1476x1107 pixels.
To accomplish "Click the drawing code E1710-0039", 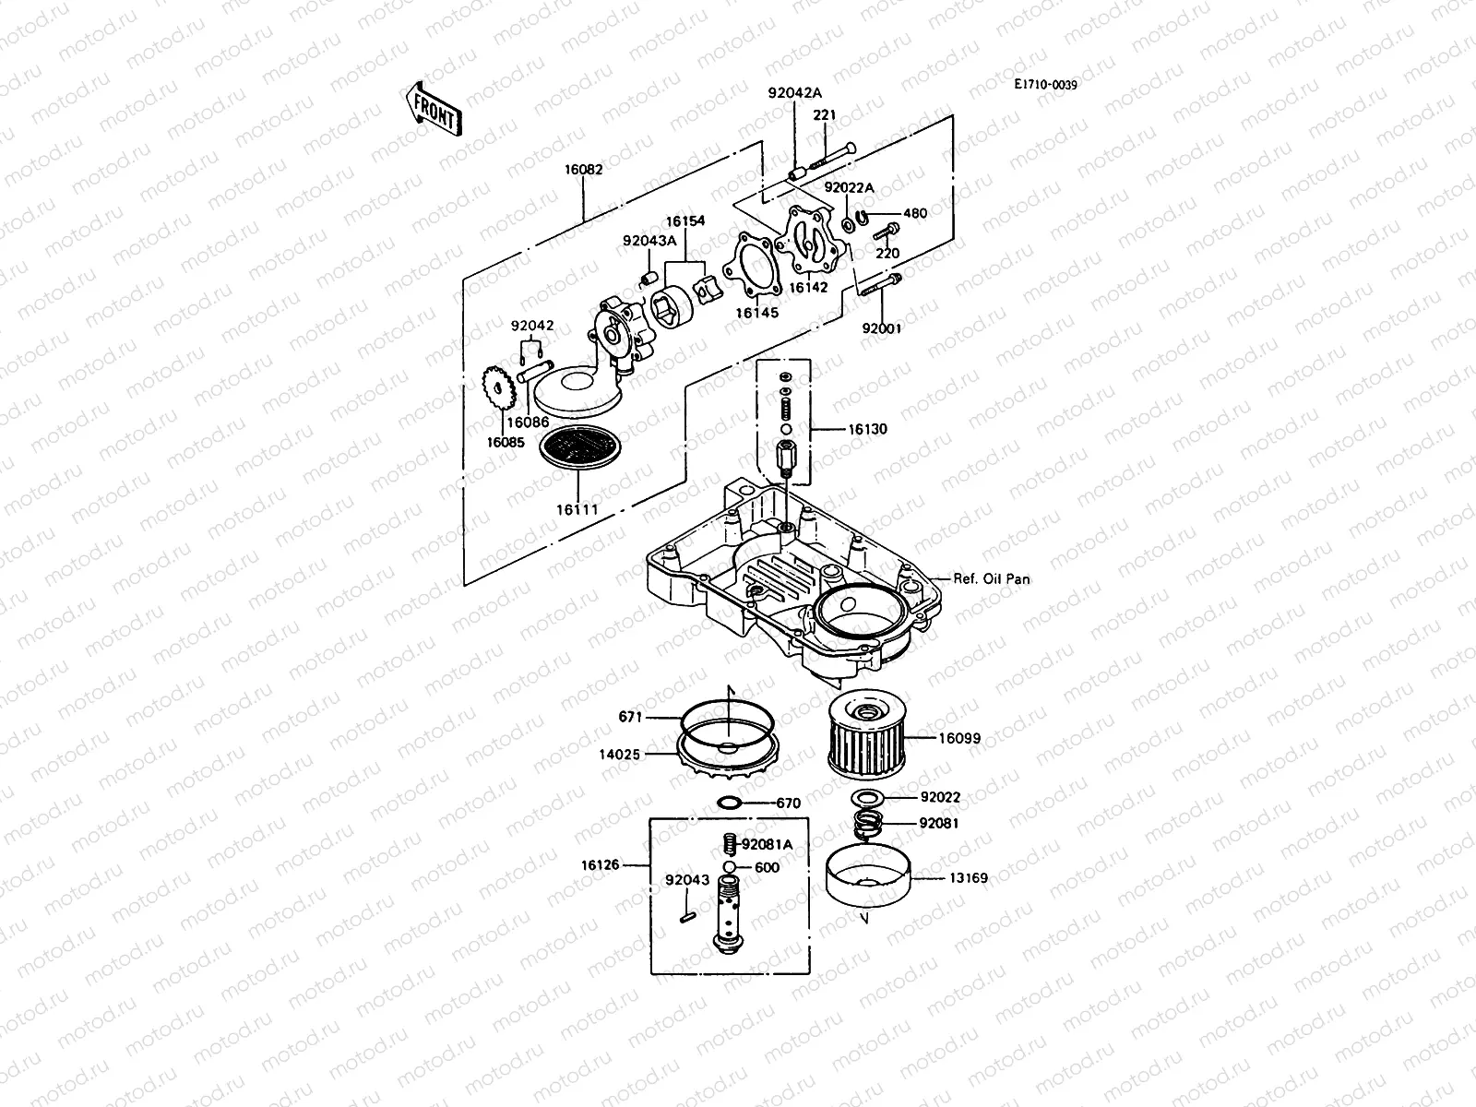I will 1045,85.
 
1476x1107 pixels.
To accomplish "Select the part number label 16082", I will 584,170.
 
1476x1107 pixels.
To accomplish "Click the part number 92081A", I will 767,844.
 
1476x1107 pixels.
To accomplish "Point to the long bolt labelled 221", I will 831,158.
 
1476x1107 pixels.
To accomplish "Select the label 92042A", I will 794,92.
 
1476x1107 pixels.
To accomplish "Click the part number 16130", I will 867,429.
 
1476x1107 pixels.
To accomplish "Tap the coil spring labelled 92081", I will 866,822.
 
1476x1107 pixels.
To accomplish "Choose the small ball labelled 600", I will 729,867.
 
